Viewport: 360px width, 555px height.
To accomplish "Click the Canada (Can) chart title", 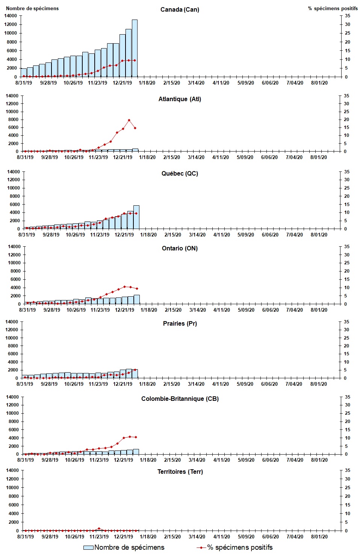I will [x=180, y=9].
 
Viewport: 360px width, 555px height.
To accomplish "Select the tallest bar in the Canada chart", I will [x=135, y=48].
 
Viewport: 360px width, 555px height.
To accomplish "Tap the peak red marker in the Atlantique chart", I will [x=129, y=120].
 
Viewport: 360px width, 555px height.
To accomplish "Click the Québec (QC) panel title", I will [x=180, y=173].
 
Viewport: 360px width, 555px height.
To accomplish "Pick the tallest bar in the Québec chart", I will [x=136, y=217].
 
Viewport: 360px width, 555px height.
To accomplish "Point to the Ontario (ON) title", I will [x=180, y=248].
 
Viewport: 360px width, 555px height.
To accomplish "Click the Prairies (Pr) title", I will [x=180, y=323].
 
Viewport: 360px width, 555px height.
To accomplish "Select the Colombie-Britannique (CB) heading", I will [x=180, y=399].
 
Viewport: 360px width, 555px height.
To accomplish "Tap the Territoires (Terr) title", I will [x=180, y=472].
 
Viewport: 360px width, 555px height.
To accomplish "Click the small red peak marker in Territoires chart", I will [x=99, y=529].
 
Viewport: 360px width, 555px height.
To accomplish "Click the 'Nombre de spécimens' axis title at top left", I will [x=32, y=8].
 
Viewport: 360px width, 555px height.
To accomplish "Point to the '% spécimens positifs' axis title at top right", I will [x=333, y=8].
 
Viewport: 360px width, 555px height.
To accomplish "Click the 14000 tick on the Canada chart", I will [x=11, y=16].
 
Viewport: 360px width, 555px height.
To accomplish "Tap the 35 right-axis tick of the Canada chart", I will [x=348, y=16].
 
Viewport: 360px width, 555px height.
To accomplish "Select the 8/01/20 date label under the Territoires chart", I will [x=319, y=537].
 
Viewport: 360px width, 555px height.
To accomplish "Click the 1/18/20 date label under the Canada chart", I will [x=147, y=83].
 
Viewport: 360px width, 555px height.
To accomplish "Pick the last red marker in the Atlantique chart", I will [x=135, y=128].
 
